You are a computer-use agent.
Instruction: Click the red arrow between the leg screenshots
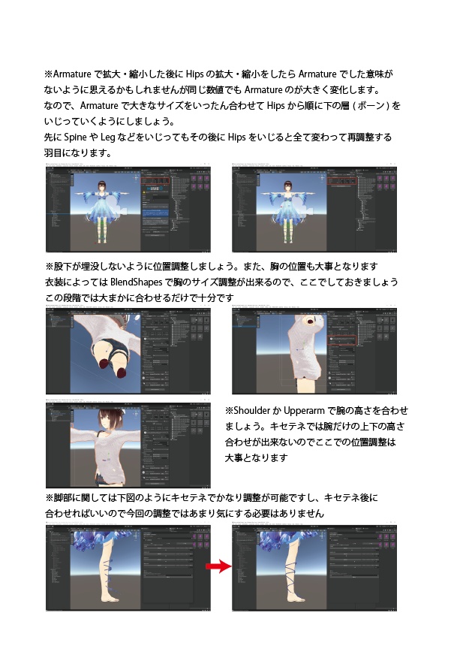pyautogui.click(x=217, y=567)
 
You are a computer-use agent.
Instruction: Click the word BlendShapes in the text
pyautogui.click(x=119, y=283)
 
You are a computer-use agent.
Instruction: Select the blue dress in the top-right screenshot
pyautogui.click(x=287, y=213)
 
